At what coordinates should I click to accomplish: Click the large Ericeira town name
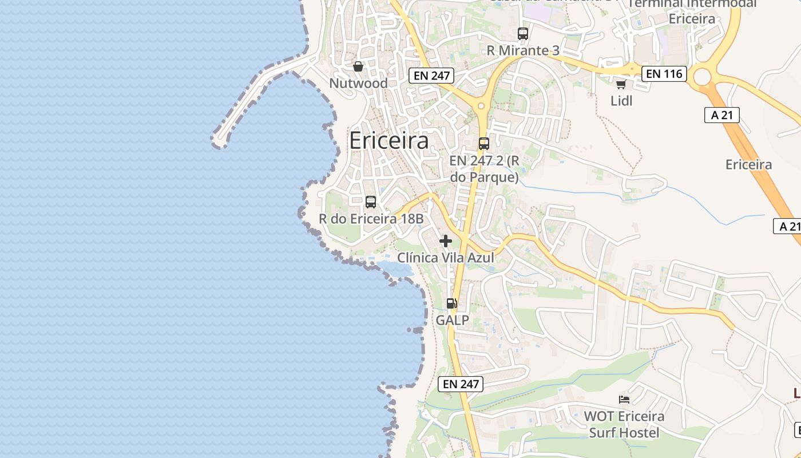click(x=388, y=140)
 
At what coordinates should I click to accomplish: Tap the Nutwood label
click(x=358, y=83)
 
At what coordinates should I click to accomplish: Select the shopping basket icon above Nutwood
click(x=358, y=67)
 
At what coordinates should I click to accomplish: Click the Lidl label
click(x=621, y=101)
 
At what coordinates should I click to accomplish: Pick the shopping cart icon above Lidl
click(x=621, y=85)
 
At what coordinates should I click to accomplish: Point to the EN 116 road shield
click(x=664, y=73)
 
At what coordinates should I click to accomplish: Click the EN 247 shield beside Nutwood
click(x=431, y=75)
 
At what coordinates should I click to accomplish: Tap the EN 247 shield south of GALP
click(x=461, y=384)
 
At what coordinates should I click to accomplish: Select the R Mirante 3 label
click(x=523, y=50)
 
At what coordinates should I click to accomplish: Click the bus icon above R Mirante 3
click(x=523, y=34)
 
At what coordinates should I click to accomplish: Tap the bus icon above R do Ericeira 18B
click(x=371, y=202)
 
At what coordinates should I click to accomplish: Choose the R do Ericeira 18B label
click(x=371, y=219)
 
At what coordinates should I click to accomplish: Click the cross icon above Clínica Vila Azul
click(x=446, y=241)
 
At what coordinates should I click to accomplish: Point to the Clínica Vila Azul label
click(x=446, y=258)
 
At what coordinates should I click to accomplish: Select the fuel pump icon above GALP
click(x=452, y=303)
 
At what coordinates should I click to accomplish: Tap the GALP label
click(x=452, y=320)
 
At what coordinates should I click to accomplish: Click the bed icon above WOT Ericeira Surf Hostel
click(x=624, y=399)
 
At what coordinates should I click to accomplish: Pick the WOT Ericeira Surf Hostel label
click(x=624, y=424)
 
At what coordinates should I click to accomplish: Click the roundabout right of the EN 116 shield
click(x=702, y=76)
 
